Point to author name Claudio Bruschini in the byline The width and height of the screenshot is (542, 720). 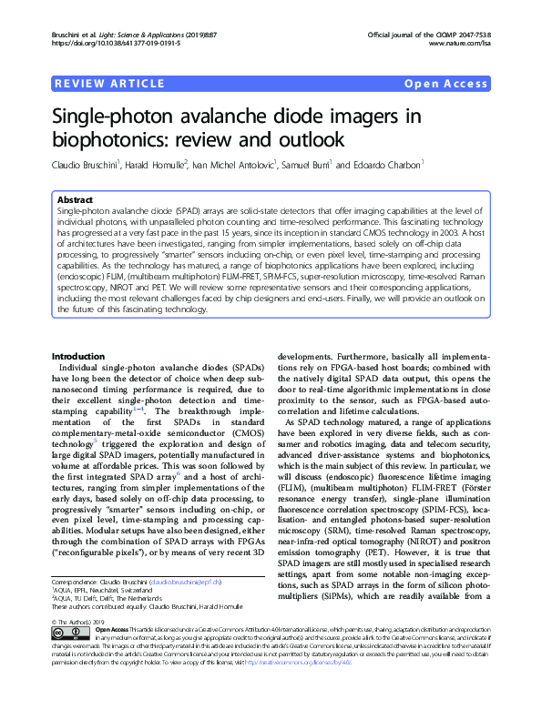87,166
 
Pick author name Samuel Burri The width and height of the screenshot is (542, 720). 307,166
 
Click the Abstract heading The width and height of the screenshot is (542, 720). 76,198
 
